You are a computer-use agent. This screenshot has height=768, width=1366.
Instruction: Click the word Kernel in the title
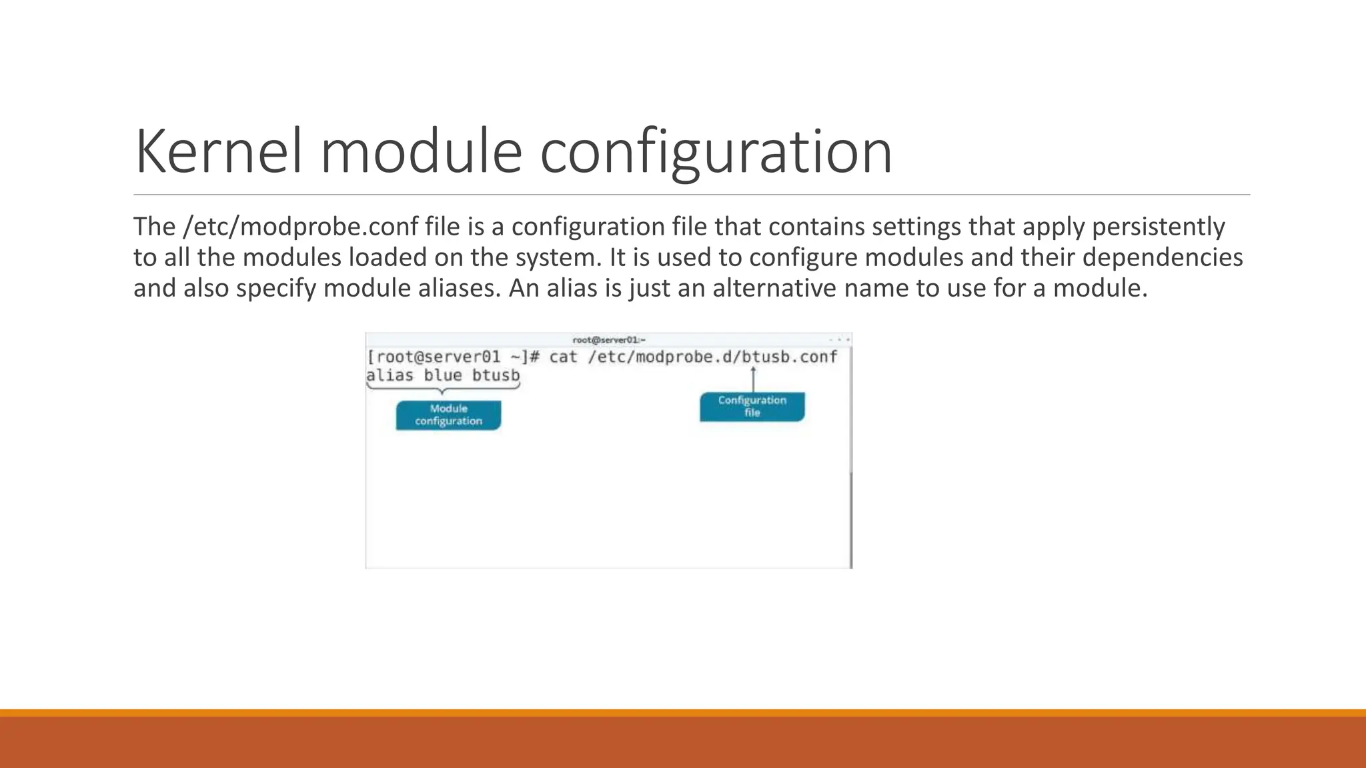click(217, 152)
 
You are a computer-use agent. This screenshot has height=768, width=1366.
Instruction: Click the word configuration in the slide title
click(715, 152)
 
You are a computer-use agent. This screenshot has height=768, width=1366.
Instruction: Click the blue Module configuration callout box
click(448, 415)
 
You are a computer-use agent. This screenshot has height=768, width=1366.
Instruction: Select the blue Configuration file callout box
click(752, 407)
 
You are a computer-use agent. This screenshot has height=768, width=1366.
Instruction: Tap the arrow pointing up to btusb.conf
click(753, 380)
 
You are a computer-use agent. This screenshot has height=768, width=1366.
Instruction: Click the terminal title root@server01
click(608, 340)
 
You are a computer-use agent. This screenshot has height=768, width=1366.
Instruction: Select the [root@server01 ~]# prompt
click(453, 357)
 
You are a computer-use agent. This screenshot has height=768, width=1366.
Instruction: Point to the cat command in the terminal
click(563, 357)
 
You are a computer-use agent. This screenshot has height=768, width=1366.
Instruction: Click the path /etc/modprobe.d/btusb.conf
click(712, 357)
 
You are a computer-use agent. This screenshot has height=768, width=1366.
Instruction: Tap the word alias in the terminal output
click(390, 375)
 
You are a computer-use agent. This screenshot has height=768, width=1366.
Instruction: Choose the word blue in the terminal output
click(442, 375)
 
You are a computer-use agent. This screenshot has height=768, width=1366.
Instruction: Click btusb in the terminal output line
click(496, 375)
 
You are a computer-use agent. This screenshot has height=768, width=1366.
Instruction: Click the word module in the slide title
click(421, 152)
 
